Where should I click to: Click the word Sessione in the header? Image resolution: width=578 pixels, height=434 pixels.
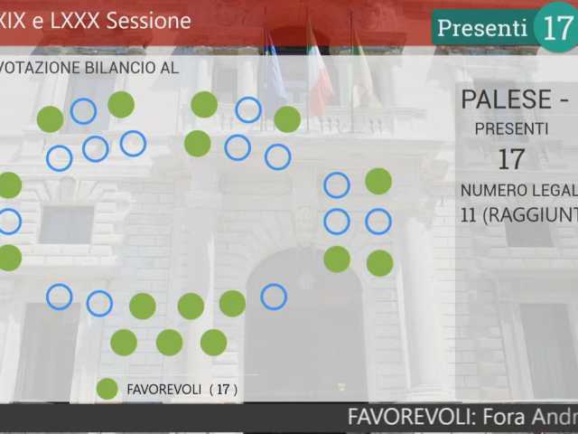click(x=148, y=21)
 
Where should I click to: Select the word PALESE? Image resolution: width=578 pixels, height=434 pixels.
click(x=506, y=99)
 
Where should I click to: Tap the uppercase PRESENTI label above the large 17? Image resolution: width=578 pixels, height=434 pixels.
click(x=511, y=129)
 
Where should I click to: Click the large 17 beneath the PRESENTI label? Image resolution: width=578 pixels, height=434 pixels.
click(x=511, y=160)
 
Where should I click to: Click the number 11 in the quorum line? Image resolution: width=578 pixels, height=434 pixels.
click(x=469, y=215)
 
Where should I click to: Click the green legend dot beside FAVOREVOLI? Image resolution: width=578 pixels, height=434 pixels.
click(x=107, y=389)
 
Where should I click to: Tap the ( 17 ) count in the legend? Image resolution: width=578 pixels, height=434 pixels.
click(x=223, y=390)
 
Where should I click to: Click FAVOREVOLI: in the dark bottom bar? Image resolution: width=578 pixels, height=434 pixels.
click(x=412, y=418)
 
